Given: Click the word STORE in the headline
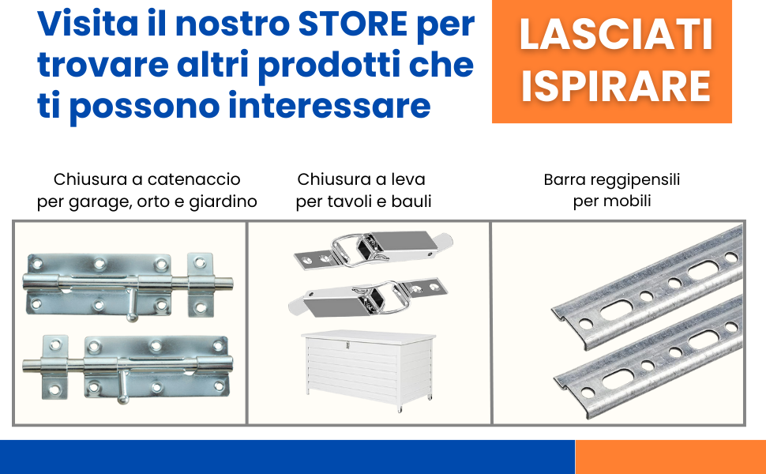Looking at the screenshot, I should [355, 24].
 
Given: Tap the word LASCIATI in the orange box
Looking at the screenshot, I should [612, 36].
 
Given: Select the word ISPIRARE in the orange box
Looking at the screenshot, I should [612, 86].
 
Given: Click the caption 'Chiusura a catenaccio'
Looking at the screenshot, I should [147, 179].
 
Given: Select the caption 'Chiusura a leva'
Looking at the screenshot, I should [362, 179].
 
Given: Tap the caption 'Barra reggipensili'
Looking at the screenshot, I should [612, 179].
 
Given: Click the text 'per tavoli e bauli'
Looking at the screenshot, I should [364, 201].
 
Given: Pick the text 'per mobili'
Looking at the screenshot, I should [612, 201].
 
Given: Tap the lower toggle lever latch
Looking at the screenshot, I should [367, 298].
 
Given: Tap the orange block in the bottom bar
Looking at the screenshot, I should [670, 457].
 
